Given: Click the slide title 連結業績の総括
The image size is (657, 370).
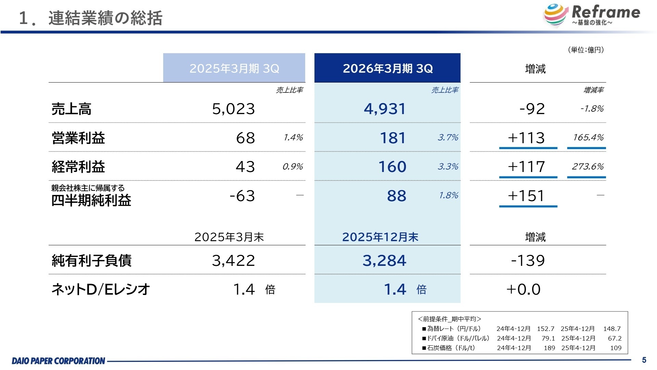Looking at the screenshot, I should [105, 18].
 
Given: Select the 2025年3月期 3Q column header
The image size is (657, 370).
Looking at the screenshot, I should [234, 68].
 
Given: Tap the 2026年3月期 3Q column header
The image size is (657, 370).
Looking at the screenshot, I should [387, 68].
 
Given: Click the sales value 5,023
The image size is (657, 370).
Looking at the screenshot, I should [233, 109].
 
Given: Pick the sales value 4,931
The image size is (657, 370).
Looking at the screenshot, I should [385, 109].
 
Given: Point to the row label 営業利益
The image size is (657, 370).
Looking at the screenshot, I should [78, 138].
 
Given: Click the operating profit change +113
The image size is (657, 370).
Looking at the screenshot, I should [526, 138].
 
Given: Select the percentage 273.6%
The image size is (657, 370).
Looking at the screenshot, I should [588, 166].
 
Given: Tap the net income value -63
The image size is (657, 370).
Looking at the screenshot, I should [242, 196].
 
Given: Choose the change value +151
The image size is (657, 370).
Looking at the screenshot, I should [526, 196].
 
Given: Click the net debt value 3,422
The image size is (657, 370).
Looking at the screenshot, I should [233, 260].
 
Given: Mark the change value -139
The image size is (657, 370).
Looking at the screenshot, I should [528, 260].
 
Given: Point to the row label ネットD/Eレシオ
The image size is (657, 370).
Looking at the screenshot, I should [101, 289].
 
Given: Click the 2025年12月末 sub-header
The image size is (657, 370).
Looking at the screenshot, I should [380, 237].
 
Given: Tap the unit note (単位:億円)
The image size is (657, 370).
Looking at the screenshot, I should [586, 50].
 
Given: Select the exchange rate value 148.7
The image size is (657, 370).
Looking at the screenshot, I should [612, 329].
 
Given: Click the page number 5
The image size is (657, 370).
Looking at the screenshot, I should [644, 360].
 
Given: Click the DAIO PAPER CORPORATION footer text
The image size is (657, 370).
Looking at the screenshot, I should [59, 361].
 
